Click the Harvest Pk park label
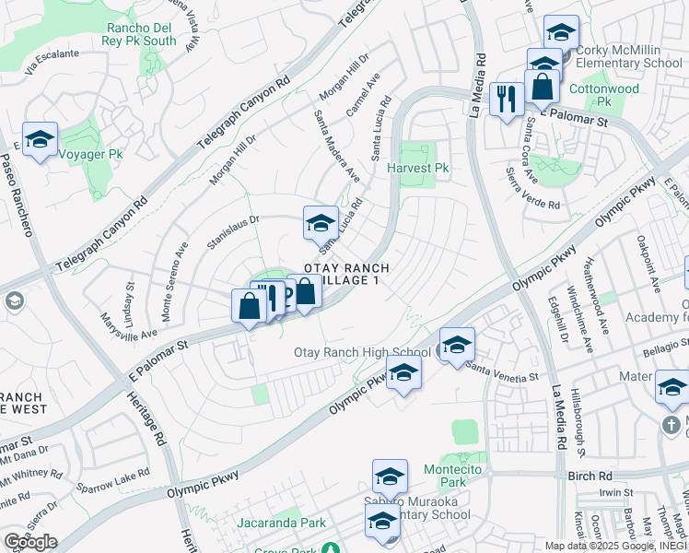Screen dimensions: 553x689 417,169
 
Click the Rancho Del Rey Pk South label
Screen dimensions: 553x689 141,34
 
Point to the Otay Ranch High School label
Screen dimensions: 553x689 362,352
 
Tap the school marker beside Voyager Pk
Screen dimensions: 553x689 40,140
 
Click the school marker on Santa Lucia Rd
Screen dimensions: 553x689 321,223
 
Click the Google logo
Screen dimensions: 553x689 30,542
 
